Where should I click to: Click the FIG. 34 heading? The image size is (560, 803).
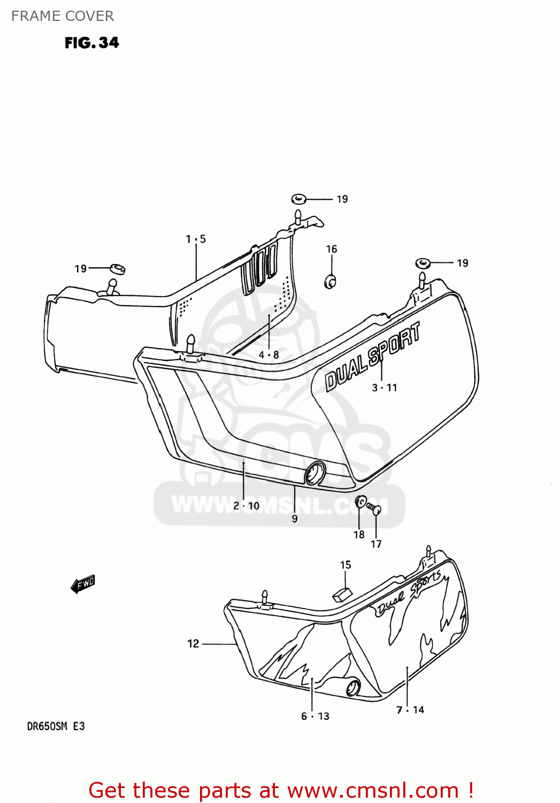click(91, 43)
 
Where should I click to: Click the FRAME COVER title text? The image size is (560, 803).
click(63, 16)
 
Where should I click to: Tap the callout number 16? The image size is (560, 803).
click(332, 249)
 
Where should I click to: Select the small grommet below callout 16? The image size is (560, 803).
click(331, 281)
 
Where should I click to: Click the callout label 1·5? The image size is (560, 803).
click(196, 239)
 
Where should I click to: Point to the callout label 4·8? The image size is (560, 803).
click(269, 354)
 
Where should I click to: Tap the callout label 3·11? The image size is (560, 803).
click(385, 388)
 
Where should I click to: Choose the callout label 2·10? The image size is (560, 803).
click(246, 506)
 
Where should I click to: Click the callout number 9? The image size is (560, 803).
click(295, 518)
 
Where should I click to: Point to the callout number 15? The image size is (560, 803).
click(346, 565)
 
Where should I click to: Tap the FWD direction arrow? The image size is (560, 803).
click(83, 584)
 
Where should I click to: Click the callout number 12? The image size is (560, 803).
click(193, 643)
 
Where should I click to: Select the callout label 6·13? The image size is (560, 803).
click(315, 716)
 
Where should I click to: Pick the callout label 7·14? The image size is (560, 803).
click(410, 710)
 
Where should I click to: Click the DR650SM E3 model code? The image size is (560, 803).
click(56, 726)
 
